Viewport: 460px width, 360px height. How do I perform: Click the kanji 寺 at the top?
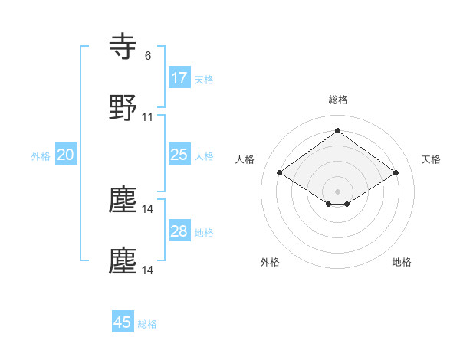point(124,48)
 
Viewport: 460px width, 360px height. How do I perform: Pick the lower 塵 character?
point(123,260)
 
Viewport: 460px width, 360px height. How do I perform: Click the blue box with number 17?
point(179,78)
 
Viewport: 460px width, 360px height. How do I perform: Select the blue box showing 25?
point(179,155)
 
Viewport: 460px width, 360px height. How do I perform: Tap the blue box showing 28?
point(179,231)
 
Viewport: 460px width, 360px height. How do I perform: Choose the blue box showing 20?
point(65,155)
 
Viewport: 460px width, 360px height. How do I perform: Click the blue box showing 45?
point(123,322)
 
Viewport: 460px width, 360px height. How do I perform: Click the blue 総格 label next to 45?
point(147,324)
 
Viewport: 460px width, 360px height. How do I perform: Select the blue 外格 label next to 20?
point(41,156)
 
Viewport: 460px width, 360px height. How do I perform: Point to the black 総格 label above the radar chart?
point(338,100)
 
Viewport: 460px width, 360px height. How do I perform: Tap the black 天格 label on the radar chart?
point(431,159)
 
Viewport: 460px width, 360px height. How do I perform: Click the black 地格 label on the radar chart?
point(402,262)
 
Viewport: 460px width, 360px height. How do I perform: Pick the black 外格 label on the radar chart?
point(270,262)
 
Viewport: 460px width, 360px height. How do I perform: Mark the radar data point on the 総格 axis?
point(338,130)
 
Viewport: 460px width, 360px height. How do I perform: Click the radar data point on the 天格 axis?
point(396,173)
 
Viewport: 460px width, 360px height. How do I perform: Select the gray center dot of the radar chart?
point(338,191)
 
